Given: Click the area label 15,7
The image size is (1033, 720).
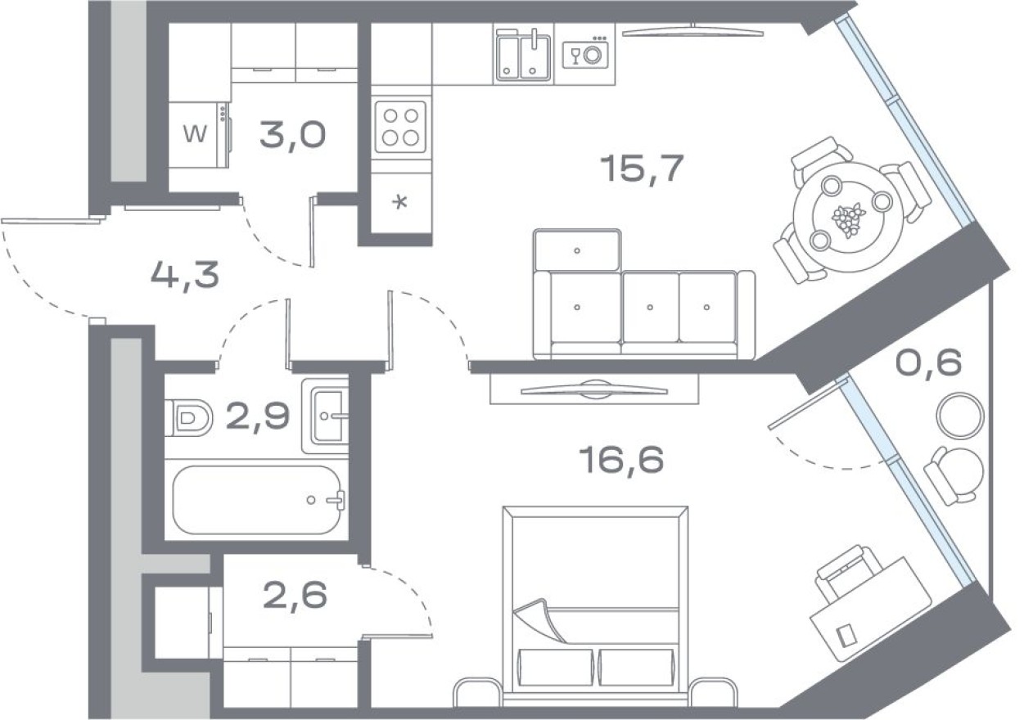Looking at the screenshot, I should coord(641,169).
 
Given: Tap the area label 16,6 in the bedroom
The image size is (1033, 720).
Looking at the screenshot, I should coord(620,461).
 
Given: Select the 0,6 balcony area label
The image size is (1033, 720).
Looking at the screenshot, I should coord(928,362).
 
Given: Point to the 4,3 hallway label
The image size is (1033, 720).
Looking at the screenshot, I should coord(185,276).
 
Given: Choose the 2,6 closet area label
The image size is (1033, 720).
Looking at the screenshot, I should coord(295,596).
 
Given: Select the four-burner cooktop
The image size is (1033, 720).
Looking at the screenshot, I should coord(400,126).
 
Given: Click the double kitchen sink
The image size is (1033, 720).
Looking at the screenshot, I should coord(523,56).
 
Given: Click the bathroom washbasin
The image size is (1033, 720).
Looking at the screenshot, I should coord(327,416).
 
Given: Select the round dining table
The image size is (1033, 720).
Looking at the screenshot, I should coord(842,218).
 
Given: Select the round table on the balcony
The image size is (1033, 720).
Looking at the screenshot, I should coord(959,415).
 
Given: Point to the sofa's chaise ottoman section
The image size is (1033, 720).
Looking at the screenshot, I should coord(577,250).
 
